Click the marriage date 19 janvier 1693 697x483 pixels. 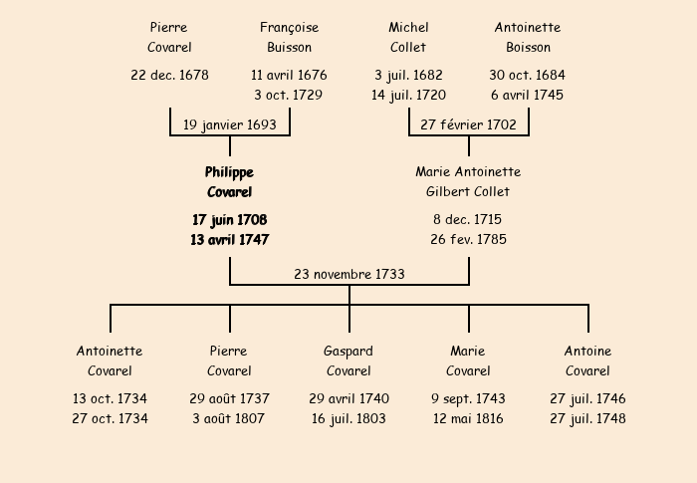(230, 124)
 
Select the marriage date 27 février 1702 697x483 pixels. (469, 124)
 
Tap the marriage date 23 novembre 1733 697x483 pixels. (349, 274)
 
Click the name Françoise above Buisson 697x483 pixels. (290, 28)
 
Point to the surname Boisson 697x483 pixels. (528, 47)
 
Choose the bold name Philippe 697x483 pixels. (229, 172)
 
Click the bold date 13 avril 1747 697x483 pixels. (229, 240)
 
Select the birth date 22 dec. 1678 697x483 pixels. (169, 75)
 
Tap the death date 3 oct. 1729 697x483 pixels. (288, 95)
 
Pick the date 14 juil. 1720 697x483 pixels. (408, 96)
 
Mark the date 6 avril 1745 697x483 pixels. (527, 95)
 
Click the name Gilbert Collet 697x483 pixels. (468, 191)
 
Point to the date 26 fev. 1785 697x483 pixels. (468, 239)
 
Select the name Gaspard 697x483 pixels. (348, 352)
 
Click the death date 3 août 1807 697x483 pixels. (228, 418)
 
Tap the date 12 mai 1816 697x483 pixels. (468, 418)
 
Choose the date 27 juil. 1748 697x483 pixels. (587, 419)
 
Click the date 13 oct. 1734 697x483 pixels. (110, 398)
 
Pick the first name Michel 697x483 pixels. (408, 28)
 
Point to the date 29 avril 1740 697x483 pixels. (348, 398)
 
